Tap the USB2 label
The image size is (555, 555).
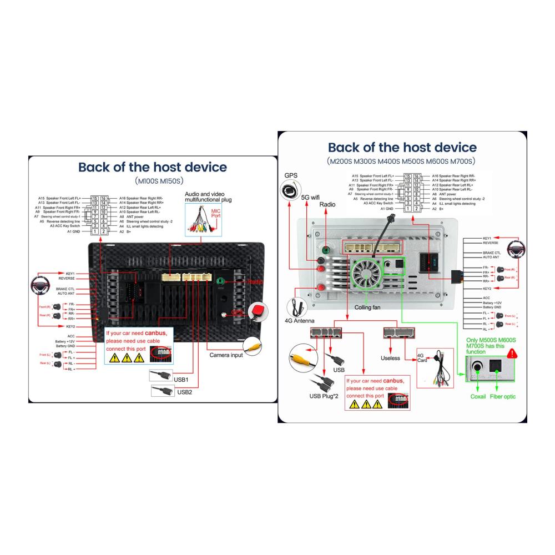click(x=184, y=392)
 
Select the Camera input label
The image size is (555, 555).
click(x=226, y=355)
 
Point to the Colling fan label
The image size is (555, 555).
click(x=367, y=307)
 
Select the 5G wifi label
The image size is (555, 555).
click(x=310, y=197)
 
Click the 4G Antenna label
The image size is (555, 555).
click(x=300, y=321)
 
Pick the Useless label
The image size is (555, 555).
click(x=390, y=358)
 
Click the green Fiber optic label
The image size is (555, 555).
click(x=502, y=397)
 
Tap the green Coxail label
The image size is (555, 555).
click(x=478, y=397)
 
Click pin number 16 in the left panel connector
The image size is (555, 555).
click(x=103, y=198)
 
